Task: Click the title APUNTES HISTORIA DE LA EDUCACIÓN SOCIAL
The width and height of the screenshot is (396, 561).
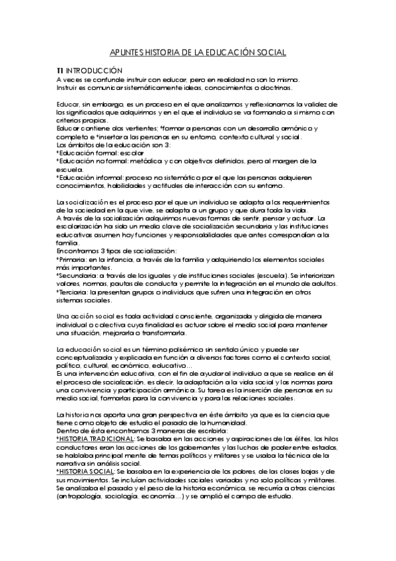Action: click(x=198, y=53)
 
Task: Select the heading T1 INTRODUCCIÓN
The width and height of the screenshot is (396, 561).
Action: click(x=89, y=70)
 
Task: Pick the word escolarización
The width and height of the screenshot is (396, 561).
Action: click(x=79, y=226)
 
